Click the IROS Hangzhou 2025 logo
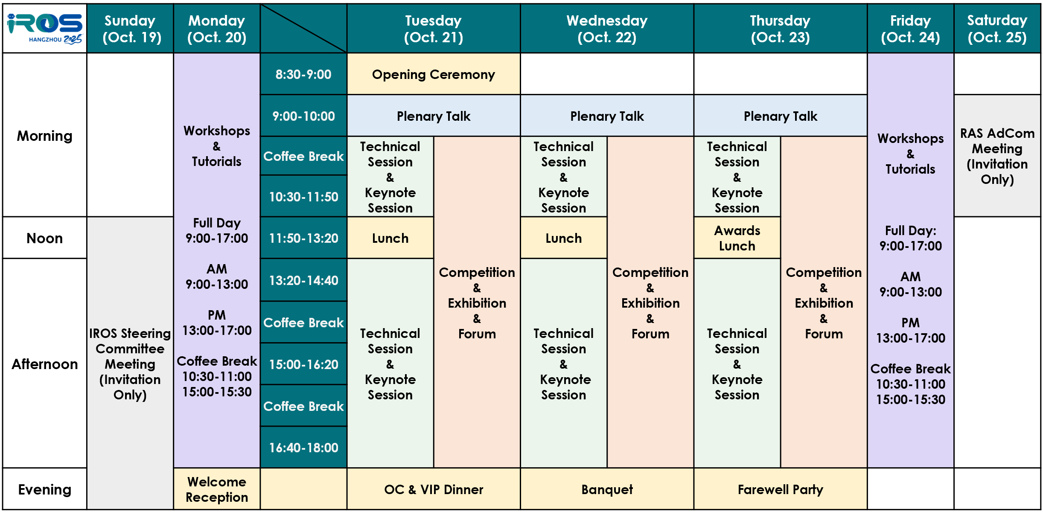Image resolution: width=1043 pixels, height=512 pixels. point(45,29)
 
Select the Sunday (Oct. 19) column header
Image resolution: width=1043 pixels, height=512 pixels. point(130,29)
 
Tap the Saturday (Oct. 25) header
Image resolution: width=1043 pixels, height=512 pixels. point(997,29)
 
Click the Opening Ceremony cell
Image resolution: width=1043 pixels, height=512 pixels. point(434,74)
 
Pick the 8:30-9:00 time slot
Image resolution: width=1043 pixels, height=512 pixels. point(303,74)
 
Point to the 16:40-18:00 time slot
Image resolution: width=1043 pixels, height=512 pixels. point(303,447)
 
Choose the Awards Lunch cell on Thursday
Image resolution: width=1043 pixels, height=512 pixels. point(737,238)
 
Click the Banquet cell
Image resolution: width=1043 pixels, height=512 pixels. point(607,489)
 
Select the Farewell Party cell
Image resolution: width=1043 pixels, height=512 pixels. point(781,489)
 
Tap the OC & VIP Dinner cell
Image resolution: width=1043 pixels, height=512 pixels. point(434,489)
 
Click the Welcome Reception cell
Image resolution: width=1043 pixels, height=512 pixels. point(217,489)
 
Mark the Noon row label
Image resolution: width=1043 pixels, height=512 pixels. point(45,238)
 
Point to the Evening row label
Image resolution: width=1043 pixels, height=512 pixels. point(45,489)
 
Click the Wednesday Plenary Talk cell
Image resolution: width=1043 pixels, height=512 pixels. point(607,116)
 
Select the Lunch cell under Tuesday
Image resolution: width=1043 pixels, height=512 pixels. point(390,238)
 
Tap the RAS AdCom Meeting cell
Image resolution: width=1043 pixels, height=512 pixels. point(997,156)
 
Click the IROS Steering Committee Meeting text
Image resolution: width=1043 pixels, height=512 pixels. point(130,364)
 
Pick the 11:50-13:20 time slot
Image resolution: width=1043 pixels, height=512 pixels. point(303,238)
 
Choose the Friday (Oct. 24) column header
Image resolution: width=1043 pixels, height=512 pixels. point(910,29)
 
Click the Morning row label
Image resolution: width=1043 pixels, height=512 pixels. point(45,136)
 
